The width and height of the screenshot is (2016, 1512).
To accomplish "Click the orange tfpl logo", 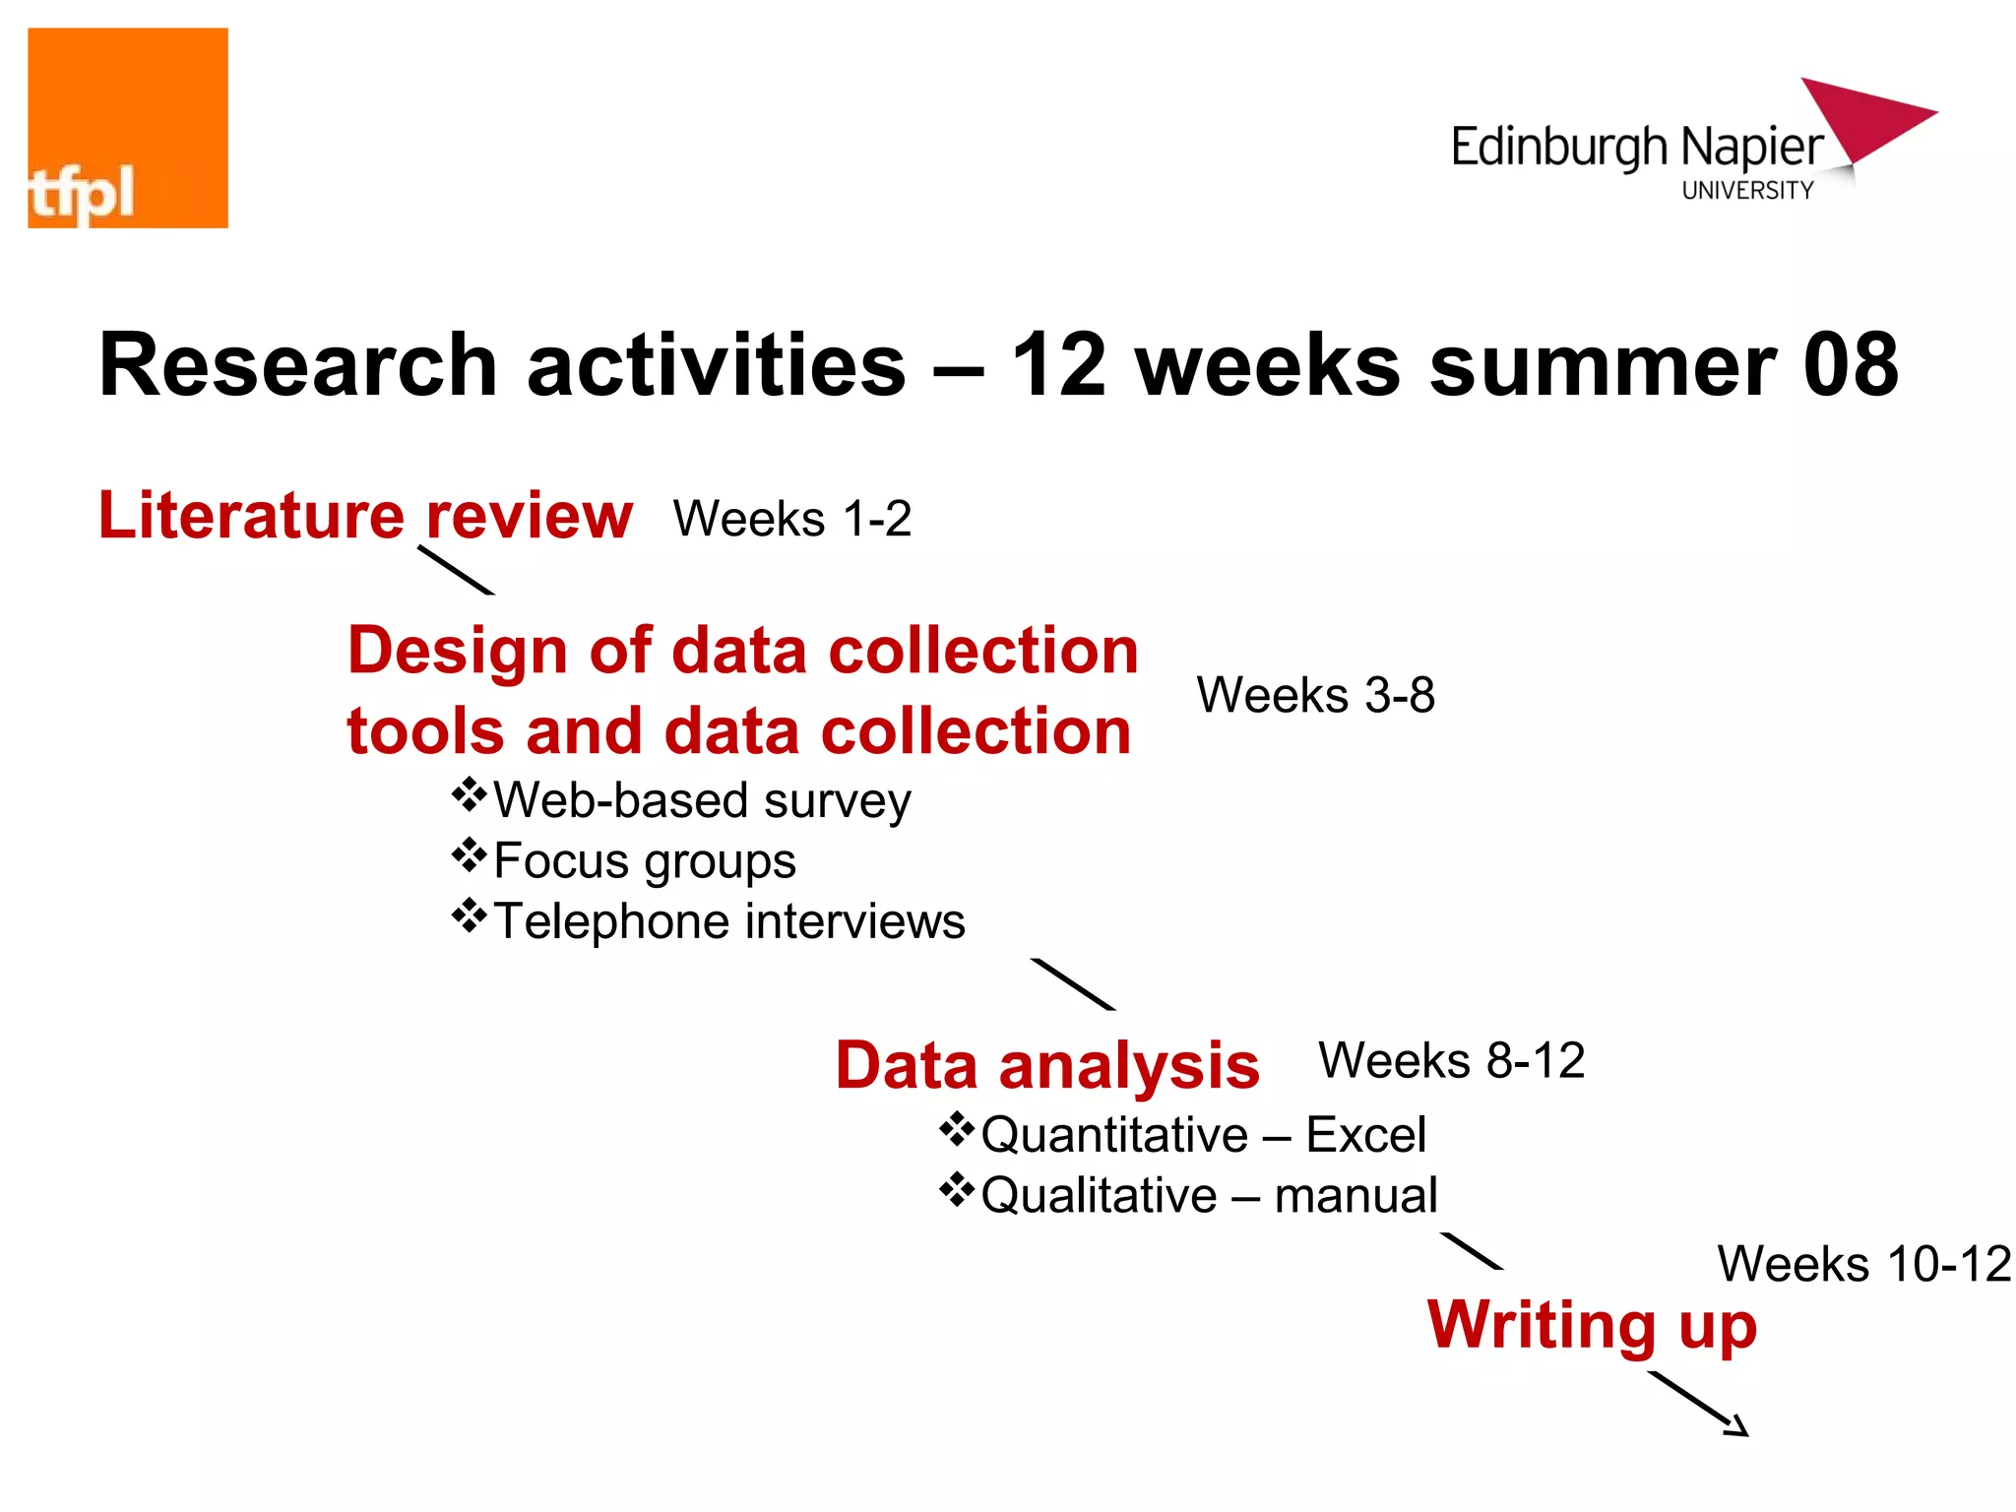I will (128, 128).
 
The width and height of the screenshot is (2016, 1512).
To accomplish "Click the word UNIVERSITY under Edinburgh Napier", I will (1747, 191).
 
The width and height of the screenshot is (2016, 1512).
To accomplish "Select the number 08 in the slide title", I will (1850, 365).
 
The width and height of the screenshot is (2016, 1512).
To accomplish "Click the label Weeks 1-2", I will (792, 519).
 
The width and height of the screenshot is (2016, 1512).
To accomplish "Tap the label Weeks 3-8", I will (1315, 695).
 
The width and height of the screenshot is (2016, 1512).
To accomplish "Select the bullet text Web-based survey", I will (702, 800).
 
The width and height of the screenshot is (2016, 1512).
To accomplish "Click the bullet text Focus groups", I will (645, 861).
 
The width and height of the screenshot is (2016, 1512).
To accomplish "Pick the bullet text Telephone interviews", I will (729, 922).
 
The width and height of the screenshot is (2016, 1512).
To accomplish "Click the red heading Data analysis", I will (1047, 1066).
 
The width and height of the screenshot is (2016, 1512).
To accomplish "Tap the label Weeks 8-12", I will (1452, 1061).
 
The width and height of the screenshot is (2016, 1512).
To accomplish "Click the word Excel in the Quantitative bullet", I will (1365, 1135).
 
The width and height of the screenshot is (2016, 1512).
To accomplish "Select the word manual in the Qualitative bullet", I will (1355, 1196).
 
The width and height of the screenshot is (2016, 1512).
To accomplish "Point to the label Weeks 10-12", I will (1864, 1264).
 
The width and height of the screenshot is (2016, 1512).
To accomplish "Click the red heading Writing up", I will (1592, 1325).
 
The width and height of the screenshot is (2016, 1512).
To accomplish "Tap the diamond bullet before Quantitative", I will (957, 1129).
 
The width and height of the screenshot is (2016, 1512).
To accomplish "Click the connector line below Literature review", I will (456, 570).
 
